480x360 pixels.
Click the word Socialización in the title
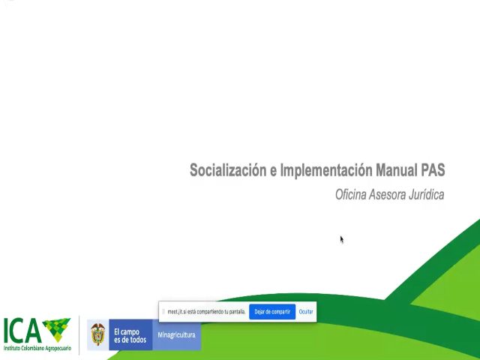228,170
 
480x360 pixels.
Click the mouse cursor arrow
341,239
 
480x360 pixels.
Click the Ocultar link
306,311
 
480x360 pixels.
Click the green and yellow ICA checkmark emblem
56,328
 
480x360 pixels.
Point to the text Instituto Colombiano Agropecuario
37,349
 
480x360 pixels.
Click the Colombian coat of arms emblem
98,334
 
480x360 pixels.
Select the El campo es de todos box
130,335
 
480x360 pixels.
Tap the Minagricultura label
177,335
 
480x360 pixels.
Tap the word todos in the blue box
136,340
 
